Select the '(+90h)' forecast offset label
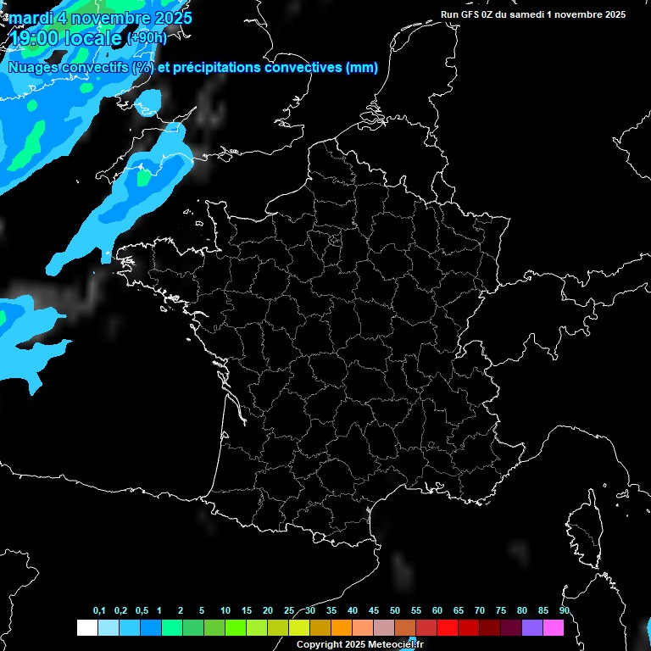pyautogui.click(x=147, y=38)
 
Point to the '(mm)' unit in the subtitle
pyautogui.click(x=362, y=67)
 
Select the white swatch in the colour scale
pyautogui.click(x=86, y=627)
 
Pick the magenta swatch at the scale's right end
pyautogui.click(x=554, y=627)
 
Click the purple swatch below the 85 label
pyautogui.click(x=532, y=627)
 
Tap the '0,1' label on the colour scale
pyautogui.click(x=99, y=611)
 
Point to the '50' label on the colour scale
pyautogui.click(x=395, y=611)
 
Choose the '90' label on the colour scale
pyautogui.click(x=564, y=611)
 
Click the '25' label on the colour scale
pyautogui.click(x=289, y=611)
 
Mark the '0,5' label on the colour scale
pyautogui.click(x=142, y=611)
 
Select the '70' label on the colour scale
pyautogui.click(x=480, y=611)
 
